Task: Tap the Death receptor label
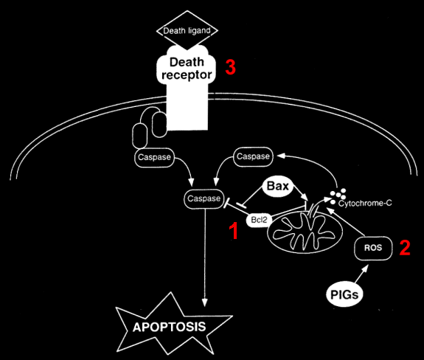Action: pyautogui.click(x=187, y=69)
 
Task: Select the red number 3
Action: pyautogui.click(x=230, y=67)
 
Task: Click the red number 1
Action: pyautogui.click(x=234, y=231)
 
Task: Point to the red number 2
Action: pyautogui.click(x=405, y=247)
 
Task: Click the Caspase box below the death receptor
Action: pyautogui.click(x=154, y=157)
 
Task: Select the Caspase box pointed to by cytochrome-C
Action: pyautogui.click(x=253, y=156)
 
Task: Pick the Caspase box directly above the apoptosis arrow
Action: pyautogui.click(x=204, y=198)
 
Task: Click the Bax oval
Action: pyautogui.click(x=278, y=186)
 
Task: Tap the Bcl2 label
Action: pyautogui.click(x=259, y=220)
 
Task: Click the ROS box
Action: pyautogui.click(x=373, y=248)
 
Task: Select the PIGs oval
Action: pyautogui.click(x=344, y=294)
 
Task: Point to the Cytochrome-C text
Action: pyautogui.click(x=365, y=203)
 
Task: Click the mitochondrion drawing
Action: pyautogui.click(x=305, y=232)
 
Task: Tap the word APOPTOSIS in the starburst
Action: pyautogui.click(x=170, y=327)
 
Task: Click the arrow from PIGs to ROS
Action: pyautogui.click(x=361, y=274)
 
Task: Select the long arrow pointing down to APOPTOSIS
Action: pyautogui.click(x=205, y=257)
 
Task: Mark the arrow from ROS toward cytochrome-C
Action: pyautogui.click(x=346, y=221)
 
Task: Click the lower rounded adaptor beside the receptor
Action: pyautogui.click(x=139, y=136)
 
